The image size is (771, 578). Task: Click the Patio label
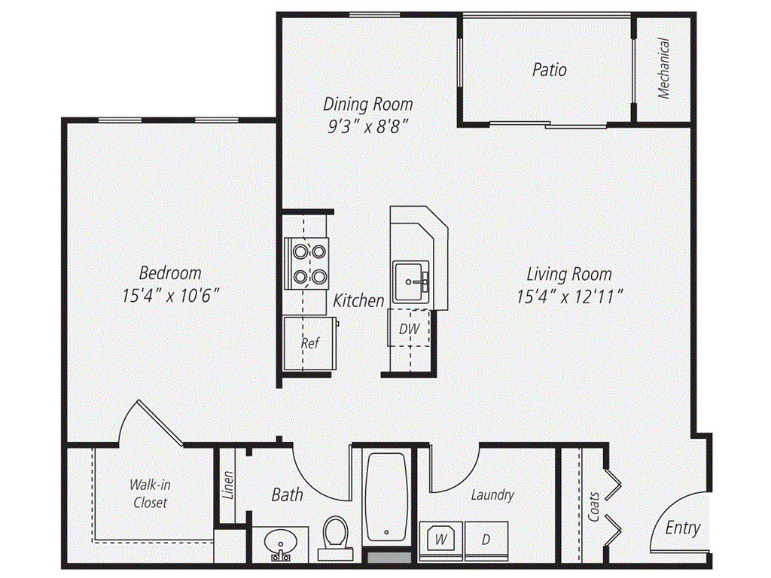[549, 70]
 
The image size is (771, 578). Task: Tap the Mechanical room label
[663, 68]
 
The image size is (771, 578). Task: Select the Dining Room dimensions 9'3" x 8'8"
[367, 126]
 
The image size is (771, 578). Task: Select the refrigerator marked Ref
[309, 343]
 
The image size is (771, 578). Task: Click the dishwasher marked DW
[409, 329]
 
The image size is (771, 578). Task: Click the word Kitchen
[359, 300]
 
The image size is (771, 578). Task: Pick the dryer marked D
[486, 540]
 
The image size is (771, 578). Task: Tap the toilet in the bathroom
[334, 537]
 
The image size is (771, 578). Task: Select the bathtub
[387, 497]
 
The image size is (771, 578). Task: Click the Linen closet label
[228, 485]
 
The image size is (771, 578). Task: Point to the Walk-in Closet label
[149, 494]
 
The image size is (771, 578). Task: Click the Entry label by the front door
[682, 528]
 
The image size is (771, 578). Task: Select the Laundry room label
[492, 494]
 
